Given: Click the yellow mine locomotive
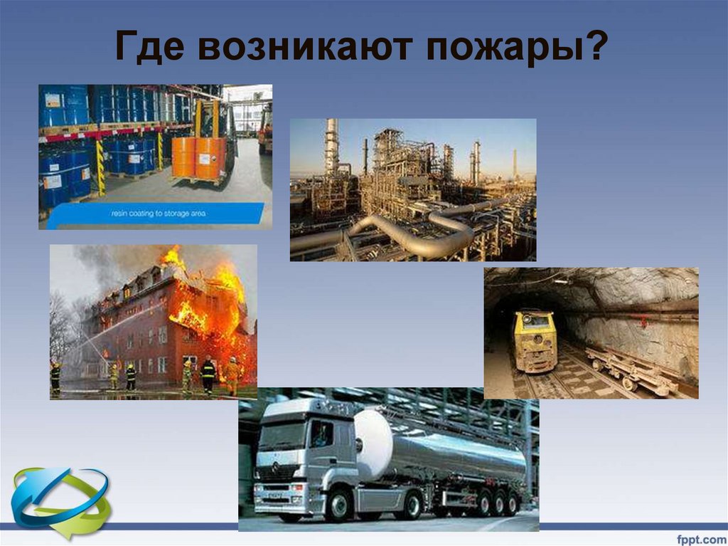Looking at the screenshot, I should pyautogui.click(x=535, y=340).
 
